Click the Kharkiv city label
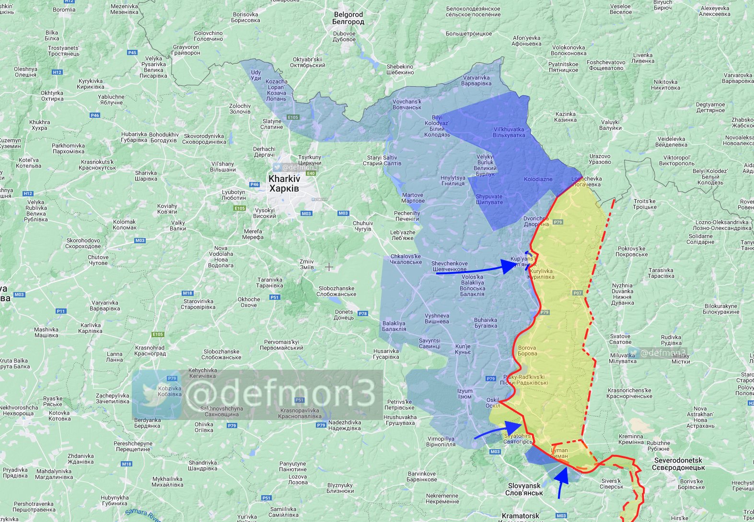[284, 183]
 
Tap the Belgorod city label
[348, 18]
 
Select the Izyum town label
[464, 394]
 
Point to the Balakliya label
[394, 326]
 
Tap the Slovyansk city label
[524, 489]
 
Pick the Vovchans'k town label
[407, 104]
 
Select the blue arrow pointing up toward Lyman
[562, 481]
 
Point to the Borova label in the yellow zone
[527, 351]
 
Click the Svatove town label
[620, 339]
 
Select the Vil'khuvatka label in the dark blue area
[509, 132]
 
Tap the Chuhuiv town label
[363, 226]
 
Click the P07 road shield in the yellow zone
[577, 293]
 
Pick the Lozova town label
[298, 479]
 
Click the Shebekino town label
[400, 69]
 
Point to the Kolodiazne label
[538, 179]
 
